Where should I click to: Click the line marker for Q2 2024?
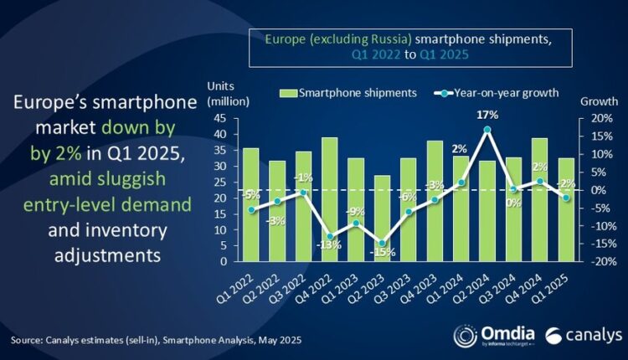pos(486,130)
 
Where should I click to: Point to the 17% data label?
pos(486,116)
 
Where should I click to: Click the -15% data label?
pos(382,252)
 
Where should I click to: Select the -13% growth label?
pos(330,245)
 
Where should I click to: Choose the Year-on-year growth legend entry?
pos(494,93)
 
